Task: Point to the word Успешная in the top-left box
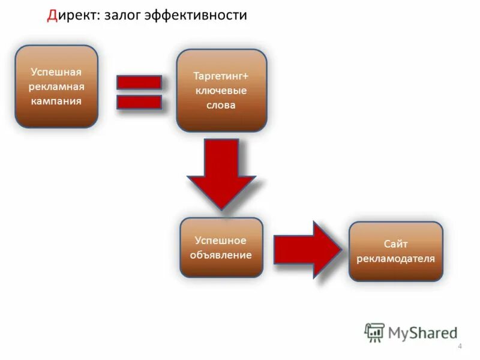(x=56, y=72)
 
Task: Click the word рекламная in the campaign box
(x=56, y=86)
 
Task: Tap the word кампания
(x=56, y=101)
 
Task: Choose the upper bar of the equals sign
(x=139, y=82)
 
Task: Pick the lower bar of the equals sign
(x=139, y=102)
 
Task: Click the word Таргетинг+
(x=221, y=77)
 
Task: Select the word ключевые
(x=221, y=91)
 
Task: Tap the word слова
(x=221, y=105)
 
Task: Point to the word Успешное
(x=221, y=240)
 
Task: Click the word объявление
(x=221, y=254)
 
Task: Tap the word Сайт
(x=396, y=244)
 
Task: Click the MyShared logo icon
(x=374, y=332)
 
